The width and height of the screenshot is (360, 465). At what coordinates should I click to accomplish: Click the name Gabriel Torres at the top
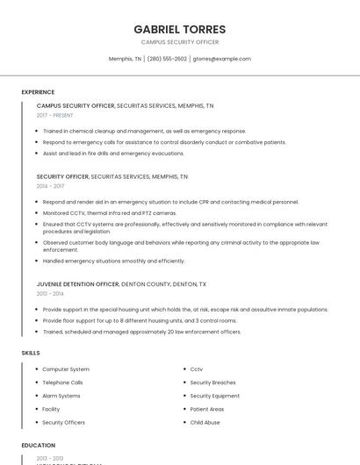180,29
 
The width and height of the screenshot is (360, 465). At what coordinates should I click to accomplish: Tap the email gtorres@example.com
221,59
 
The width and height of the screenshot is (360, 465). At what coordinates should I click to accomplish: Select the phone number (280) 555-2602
167,59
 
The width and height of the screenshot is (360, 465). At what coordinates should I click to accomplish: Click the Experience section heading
38,92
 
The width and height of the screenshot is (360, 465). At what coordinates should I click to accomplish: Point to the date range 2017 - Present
55,115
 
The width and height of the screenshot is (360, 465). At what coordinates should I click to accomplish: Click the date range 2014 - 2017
51,186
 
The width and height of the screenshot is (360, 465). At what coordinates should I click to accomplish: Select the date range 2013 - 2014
51,294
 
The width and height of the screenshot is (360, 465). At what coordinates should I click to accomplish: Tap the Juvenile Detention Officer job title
78,284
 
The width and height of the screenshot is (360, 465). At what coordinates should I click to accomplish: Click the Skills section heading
31,353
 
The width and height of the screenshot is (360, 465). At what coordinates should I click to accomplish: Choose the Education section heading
39,446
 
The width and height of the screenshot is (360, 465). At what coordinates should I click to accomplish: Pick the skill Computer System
66,369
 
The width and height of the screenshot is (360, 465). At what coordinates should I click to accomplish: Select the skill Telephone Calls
62,383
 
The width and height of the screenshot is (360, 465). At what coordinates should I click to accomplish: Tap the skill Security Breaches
212,383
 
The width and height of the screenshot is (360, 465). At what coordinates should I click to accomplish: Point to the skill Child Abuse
205,422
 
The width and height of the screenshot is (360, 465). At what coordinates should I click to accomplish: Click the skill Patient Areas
207,409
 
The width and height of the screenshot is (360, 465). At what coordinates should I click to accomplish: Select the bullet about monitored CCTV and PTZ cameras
110,213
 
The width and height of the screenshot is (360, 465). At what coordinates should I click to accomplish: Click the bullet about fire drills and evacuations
113,153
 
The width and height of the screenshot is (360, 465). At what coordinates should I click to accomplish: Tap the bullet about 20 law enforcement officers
141,332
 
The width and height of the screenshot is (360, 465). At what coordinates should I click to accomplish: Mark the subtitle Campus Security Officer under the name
180,42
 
